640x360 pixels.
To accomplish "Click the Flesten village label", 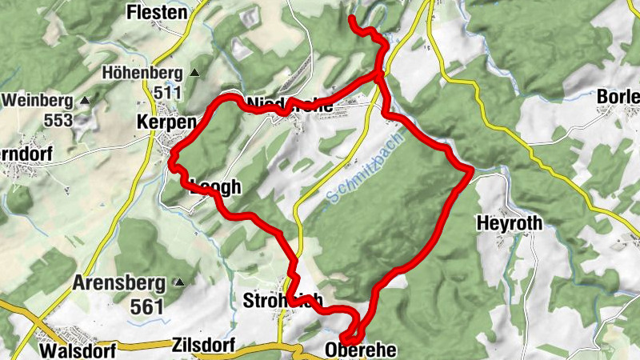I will point(157,13).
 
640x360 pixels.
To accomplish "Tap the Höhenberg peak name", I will point(142,74).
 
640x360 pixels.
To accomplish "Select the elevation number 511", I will point(168,92).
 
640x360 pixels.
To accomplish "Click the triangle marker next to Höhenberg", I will point(194,73).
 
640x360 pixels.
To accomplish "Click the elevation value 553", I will point(58,120).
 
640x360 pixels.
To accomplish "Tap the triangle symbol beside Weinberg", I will point(84,101).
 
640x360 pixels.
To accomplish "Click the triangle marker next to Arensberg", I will point(180,282).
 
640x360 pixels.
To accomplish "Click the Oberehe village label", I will point(361,350).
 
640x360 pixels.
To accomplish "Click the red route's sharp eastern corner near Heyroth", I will point(471,170).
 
